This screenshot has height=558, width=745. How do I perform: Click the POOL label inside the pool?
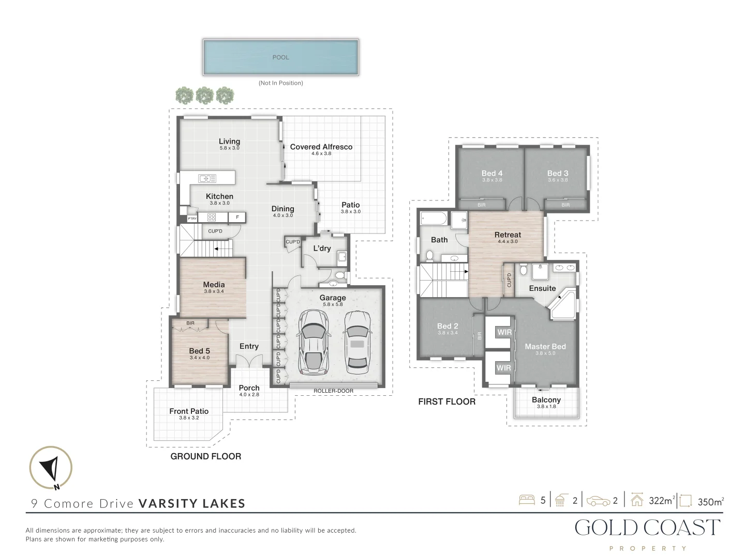coord(281,57)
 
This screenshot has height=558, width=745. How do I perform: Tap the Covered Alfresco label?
coord(321,147)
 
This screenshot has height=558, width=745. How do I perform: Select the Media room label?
coord(214,285)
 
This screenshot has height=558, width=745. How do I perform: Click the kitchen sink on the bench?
coord(207,179)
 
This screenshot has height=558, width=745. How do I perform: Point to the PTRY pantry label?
coord(192,219)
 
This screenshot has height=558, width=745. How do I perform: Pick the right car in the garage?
coord(357,343)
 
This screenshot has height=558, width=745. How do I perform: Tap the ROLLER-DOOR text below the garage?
coord(333,391)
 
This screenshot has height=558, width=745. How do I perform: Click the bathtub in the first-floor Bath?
coord(434,219)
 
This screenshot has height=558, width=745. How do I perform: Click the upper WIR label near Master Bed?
coord(504,332)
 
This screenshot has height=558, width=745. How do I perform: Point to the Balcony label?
coord(546,400)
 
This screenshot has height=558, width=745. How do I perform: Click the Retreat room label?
coord(508,235)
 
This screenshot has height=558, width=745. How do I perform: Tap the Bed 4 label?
coord(492,174)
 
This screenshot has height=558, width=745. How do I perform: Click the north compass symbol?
coord(51,468)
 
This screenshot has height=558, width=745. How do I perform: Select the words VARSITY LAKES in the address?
coord(191,504)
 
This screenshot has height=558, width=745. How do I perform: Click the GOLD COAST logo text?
coord(648,528)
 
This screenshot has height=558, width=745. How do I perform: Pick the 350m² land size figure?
coord(710,501)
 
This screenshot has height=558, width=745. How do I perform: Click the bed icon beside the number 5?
coord(527,500)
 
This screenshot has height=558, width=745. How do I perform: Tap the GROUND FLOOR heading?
coord(206,456)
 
